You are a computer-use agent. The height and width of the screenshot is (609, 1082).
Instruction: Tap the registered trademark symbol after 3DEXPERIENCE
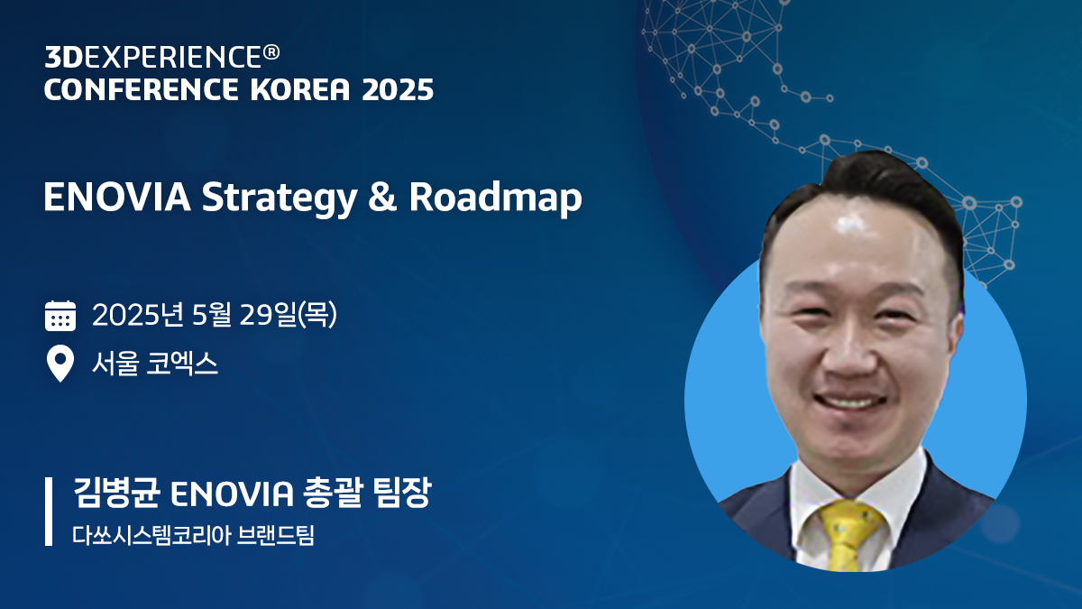(271, 53)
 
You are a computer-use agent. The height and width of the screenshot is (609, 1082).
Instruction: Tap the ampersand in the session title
(382, 199)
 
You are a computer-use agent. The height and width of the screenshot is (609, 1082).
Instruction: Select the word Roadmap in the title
(495, 199)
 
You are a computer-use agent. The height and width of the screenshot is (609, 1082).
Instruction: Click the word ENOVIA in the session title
(116, 199)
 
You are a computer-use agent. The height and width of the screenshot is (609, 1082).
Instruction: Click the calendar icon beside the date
(60, 317)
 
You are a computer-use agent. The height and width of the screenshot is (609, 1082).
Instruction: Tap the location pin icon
(60, 364)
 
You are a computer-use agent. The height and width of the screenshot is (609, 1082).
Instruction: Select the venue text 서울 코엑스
(155, 364)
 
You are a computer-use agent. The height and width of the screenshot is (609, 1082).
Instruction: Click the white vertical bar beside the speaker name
(49, 512)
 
